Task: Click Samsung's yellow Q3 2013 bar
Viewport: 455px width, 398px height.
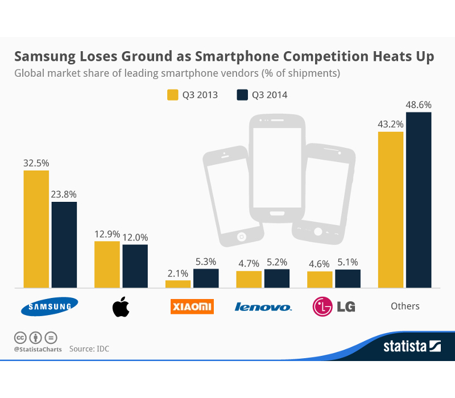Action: (36, 229)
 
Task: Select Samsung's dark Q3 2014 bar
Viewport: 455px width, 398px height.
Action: (64, 244)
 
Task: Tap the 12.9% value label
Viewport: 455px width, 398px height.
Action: (107, 234)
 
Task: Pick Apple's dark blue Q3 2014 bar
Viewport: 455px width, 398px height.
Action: (135, 266)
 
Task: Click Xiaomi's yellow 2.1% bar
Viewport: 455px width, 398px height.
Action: (178, 283)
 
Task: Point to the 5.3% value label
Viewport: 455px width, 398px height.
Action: (206, 262)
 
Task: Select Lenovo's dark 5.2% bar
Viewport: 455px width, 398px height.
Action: (277, 278)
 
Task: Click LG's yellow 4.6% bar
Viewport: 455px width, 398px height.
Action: (320, 279)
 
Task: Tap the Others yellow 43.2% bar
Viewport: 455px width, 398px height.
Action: (391, 209)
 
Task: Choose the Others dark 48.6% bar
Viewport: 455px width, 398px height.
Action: (419, 200)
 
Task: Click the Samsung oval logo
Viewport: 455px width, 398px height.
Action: (49, 306)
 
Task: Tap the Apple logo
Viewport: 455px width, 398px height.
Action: (121, 306)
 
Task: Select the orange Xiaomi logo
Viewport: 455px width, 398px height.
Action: (192, 306)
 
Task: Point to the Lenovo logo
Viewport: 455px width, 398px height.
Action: (263, 307)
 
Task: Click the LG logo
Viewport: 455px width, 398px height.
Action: (334, 306)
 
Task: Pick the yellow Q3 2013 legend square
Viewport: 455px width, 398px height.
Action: (172, 94)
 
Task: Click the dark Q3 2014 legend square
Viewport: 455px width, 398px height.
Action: (242, 94)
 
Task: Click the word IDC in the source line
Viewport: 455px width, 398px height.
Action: (101, 349)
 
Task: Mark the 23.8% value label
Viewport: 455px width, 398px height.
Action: (64, 194)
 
